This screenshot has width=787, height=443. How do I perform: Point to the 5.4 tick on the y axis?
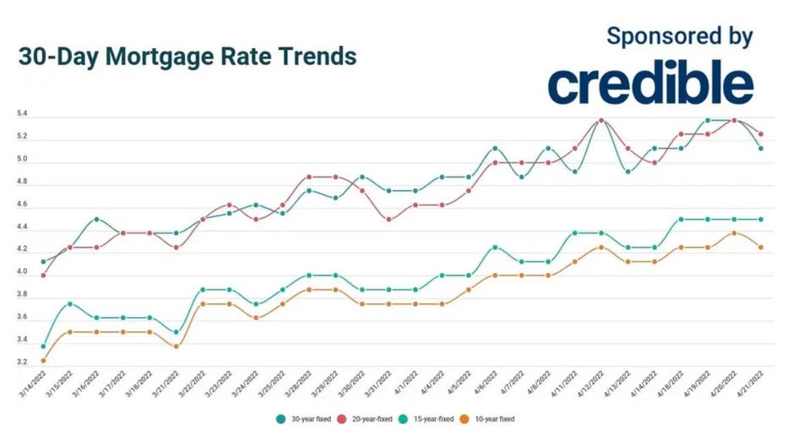[x=23, y=113]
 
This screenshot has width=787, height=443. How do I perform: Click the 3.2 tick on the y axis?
[x=23, y=363]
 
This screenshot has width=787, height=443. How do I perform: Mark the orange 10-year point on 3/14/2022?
[x=43, y=360]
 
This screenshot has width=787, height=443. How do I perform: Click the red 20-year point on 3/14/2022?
[x=43, y=275]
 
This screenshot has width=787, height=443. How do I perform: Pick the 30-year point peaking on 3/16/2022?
[x=95, y=219]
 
